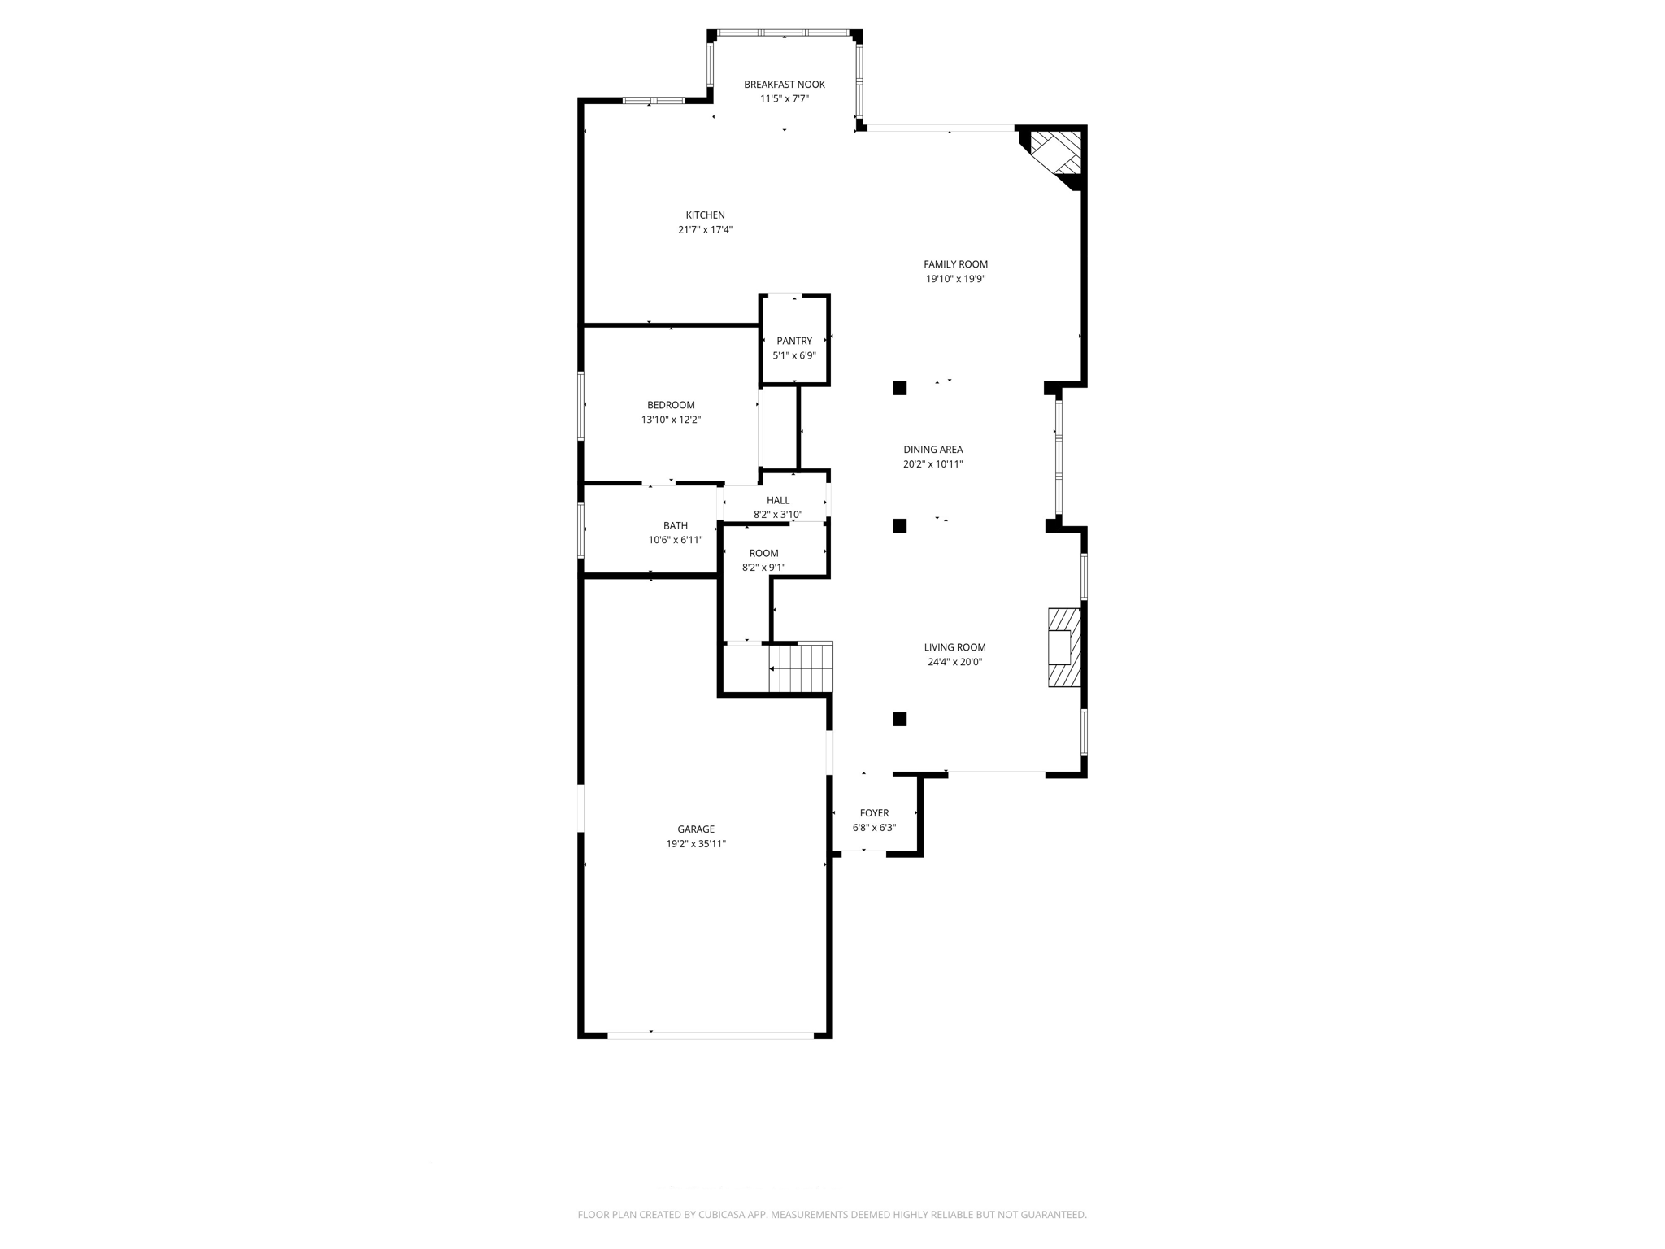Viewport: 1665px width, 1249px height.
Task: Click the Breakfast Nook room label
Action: (784, 85)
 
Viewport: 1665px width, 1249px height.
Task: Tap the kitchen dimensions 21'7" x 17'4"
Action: (705, 230)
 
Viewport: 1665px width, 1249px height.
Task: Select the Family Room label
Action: (955, 264)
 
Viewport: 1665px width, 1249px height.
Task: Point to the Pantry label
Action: (793, 341)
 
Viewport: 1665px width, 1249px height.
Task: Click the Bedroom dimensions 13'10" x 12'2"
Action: (671, 420)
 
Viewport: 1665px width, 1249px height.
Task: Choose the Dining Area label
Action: (932, 450)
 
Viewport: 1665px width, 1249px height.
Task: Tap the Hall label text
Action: (777, 500)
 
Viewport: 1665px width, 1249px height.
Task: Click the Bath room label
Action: (675, 526)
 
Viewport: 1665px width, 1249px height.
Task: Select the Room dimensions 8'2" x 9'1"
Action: (763, 568)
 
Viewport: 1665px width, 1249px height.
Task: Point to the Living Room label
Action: (954, 647)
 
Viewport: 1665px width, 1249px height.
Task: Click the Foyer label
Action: (874, 813)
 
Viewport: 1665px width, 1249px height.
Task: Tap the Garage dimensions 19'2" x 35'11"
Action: (696, 844)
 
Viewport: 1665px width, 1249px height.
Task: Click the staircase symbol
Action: (801, 668)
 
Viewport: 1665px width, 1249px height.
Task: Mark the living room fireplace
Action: (1063, 647)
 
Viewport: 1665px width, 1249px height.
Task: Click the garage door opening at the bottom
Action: (710, 1035)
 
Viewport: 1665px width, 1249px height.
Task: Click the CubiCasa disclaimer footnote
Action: (832, 1215)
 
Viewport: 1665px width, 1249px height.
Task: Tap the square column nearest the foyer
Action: (900, 719)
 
